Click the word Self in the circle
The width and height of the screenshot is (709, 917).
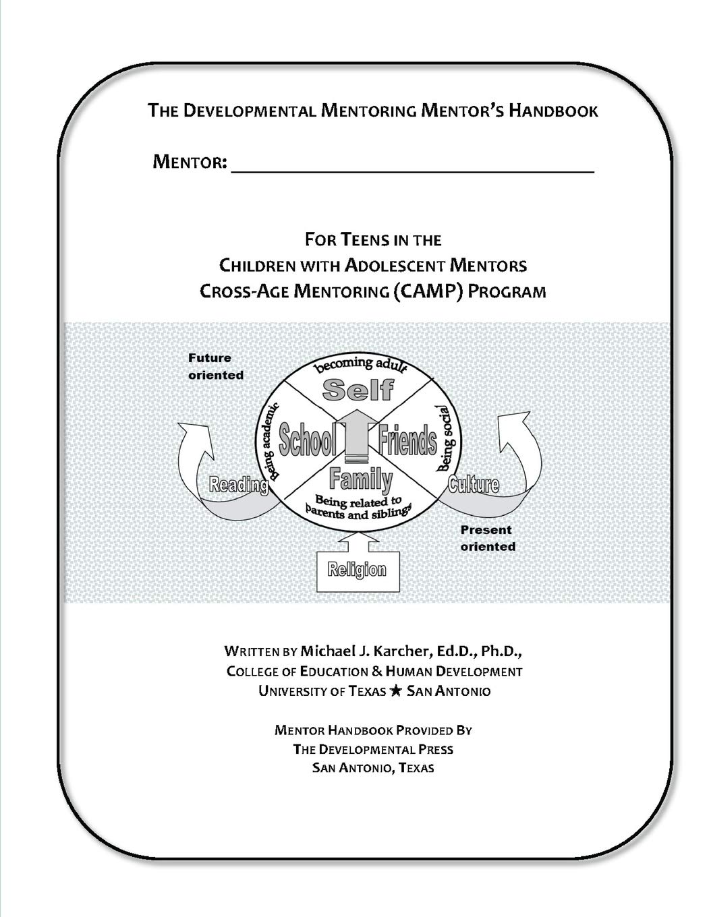point(358,390)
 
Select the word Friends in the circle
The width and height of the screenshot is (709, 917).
point(407,440)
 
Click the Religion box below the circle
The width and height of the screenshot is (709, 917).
point(358,571)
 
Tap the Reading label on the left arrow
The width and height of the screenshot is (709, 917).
point(238,485)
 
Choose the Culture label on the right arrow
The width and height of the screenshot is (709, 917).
point(474,484)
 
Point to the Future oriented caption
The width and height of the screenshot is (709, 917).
point(216,366)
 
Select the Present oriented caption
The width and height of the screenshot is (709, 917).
point(488,538)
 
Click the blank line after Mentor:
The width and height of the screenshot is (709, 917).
point(412,172)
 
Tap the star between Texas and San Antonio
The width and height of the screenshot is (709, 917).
point(395,691)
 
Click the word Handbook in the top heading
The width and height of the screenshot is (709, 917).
point(553,111)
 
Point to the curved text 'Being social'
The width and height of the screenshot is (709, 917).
point(447,438)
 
